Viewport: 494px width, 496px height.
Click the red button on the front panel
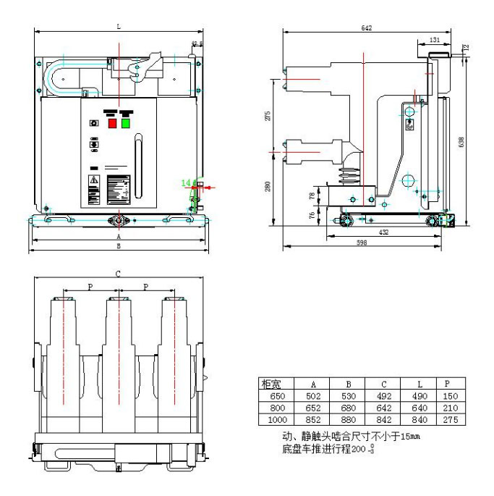pos(113,122)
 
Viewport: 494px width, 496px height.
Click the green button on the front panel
pos(126,122)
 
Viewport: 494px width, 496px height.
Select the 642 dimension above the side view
pos(366,28)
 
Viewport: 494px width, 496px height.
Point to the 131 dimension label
pos(435,40)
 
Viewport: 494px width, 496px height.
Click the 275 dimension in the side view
pos(268,115)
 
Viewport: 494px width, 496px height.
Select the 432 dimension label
pos(384,232)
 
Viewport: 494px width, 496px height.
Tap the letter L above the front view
pos(119,26)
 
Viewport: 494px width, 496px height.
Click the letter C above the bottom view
pos(118,273)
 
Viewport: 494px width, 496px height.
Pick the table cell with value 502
pos(312,397)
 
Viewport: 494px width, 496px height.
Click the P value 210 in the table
pos(450,408)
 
